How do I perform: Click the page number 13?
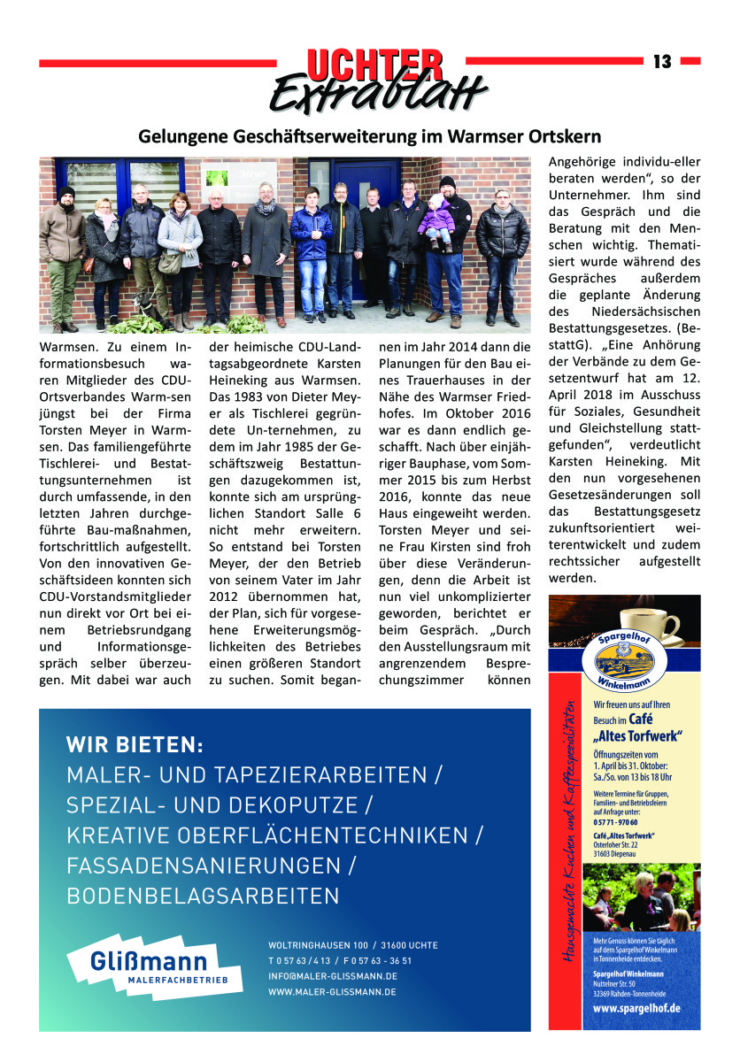coord(662,62)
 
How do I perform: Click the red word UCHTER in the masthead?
coord(374,64)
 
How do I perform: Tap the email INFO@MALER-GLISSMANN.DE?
coord(332,976)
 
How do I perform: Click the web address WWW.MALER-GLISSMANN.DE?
coord(332,992)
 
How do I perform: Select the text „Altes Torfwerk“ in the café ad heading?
coord(631,735)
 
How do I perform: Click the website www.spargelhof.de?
coord(636,1008)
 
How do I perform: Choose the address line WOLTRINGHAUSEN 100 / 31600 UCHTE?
coord(352,945)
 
